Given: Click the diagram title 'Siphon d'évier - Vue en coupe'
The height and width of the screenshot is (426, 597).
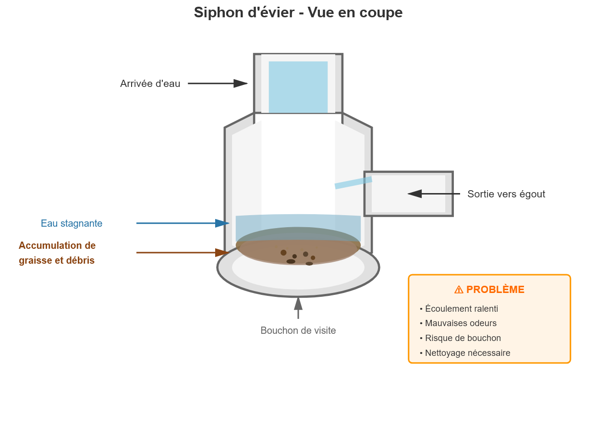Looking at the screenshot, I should pyautogui.click(x=298, y=12).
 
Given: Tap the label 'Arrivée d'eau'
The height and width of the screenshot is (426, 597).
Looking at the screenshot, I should pyautogui.click(x=150, y=84).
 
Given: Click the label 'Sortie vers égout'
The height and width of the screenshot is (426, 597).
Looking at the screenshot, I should pyautogui.click(x=506, y=194).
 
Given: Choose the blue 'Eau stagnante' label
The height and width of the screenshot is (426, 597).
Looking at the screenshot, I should pyautogui.click(x=72, y=223).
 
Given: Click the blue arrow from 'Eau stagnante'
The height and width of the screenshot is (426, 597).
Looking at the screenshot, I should pyautogui.click(x=183, y=223).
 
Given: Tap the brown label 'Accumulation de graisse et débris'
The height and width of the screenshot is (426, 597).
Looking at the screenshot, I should pyautogui.click(x=57, y=253).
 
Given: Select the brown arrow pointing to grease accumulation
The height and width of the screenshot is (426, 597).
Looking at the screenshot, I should pyautogui.click(x=183, y=253).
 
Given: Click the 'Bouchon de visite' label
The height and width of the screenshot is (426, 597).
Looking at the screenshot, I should pyautogui.click(x=298, y=330).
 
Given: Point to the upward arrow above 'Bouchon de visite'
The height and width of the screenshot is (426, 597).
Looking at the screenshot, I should pyautogui.click(x=298, y=307).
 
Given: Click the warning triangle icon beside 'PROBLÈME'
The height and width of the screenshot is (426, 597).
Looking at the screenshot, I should pyautogui.click(x=459, y=290).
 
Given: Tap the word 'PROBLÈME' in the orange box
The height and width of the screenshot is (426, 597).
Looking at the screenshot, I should pyautogui.click(x=495, y=290).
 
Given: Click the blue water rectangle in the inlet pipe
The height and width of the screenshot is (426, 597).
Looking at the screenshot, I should pyautogui.click(x=298, y=87).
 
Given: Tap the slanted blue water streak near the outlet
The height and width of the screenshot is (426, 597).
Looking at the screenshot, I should pyautogui.click(x=353, y=183).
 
